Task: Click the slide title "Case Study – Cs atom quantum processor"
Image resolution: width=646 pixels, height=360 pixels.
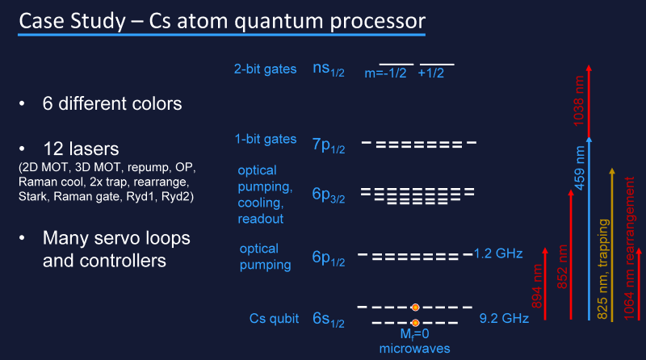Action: [222, 21]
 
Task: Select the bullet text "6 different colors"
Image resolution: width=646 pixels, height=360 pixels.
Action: [112, 103]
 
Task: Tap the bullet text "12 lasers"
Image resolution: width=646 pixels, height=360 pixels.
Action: [81, 149]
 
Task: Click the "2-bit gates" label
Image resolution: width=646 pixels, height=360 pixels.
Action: [266, 69]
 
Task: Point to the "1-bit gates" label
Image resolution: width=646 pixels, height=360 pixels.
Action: [266, 139]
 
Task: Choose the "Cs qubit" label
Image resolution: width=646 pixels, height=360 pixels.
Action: [274, 318]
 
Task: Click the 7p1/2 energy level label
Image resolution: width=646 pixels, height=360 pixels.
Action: [329, 145]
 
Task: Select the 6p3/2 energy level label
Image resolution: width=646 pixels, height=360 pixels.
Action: [329, 195]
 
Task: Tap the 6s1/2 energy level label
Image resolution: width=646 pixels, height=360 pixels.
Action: [329, 320]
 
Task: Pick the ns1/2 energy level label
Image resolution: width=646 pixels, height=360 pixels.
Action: [329, 69]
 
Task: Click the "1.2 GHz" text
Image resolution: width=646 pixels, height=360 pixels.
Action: [498, 253]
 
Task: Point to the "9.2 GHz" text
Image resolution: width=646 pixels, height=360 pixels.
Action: [504, 318]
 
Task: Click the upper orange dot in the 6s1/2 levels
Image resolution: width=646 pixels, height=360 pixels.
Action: [415, 308]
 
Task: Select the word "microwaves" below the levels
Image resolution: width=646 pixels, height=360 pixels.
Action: [414, 349]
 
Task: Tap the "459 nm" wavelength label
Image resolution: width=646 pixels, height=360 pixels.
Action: [580, 168]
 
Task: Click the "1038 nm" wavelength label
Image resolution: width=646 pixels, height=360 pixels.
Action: [579, 101]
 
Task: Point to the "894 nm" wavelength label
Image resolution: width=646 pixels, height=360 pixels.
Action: [537, 287]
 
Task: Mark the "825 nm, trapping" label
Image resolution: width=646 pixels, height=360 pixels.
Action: [602, 269]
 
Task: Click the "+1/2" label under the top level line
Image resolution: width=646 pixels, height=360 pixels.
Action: [431, 73]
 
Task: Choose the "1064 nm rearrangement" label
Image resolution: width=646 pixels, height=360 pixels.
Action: [629, 248]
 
